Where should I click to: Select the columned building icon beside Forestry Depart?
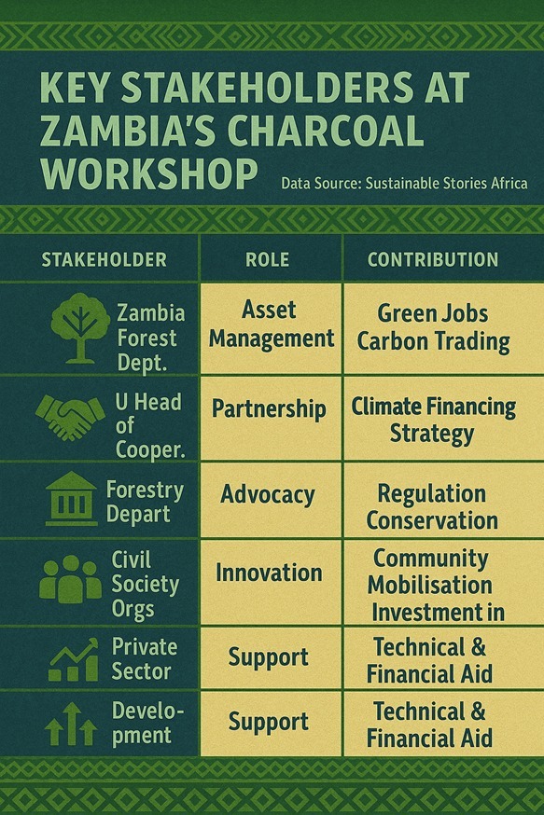point(71,499)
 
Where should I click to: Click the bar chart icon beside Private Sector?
point(73,660)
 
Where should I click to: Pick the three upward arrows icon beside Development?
point(71,724)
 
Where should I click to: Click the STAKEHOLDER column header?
point(105,259)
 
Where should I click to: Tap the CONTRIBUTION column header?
point(432,259)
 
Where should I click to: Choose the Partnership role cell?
point(269,408)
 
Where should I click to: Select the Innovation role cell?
point(269,572)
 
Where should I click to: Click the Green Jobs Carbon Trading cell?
point(433,327)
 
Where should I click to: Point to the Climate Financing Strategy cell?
point(433,420)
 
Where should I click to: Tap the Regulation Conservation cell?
point(432,506)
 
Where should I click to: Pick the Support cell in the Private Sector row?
point(269,657)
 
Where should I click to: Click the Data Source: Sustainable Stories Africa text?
point(404,183)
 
